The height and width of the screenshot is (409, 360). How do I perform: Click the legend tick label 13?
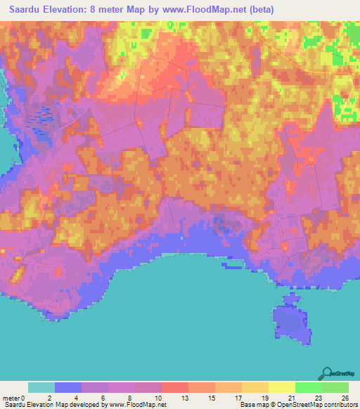pos(175,397)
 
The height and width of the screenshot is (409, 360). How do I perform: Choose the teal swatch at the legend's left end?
pos(41,387)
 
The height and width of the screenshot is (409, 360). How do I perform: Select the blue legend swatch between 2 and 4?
pos(68,387)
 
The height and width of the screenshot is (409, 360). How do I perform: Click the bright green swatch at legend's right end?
pos(335,387)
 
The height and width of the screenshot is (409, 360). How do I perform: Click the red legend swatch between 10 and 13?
pos(175,387)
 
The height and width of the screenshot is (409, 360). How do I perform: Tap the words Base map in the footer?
pos(252,405)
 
